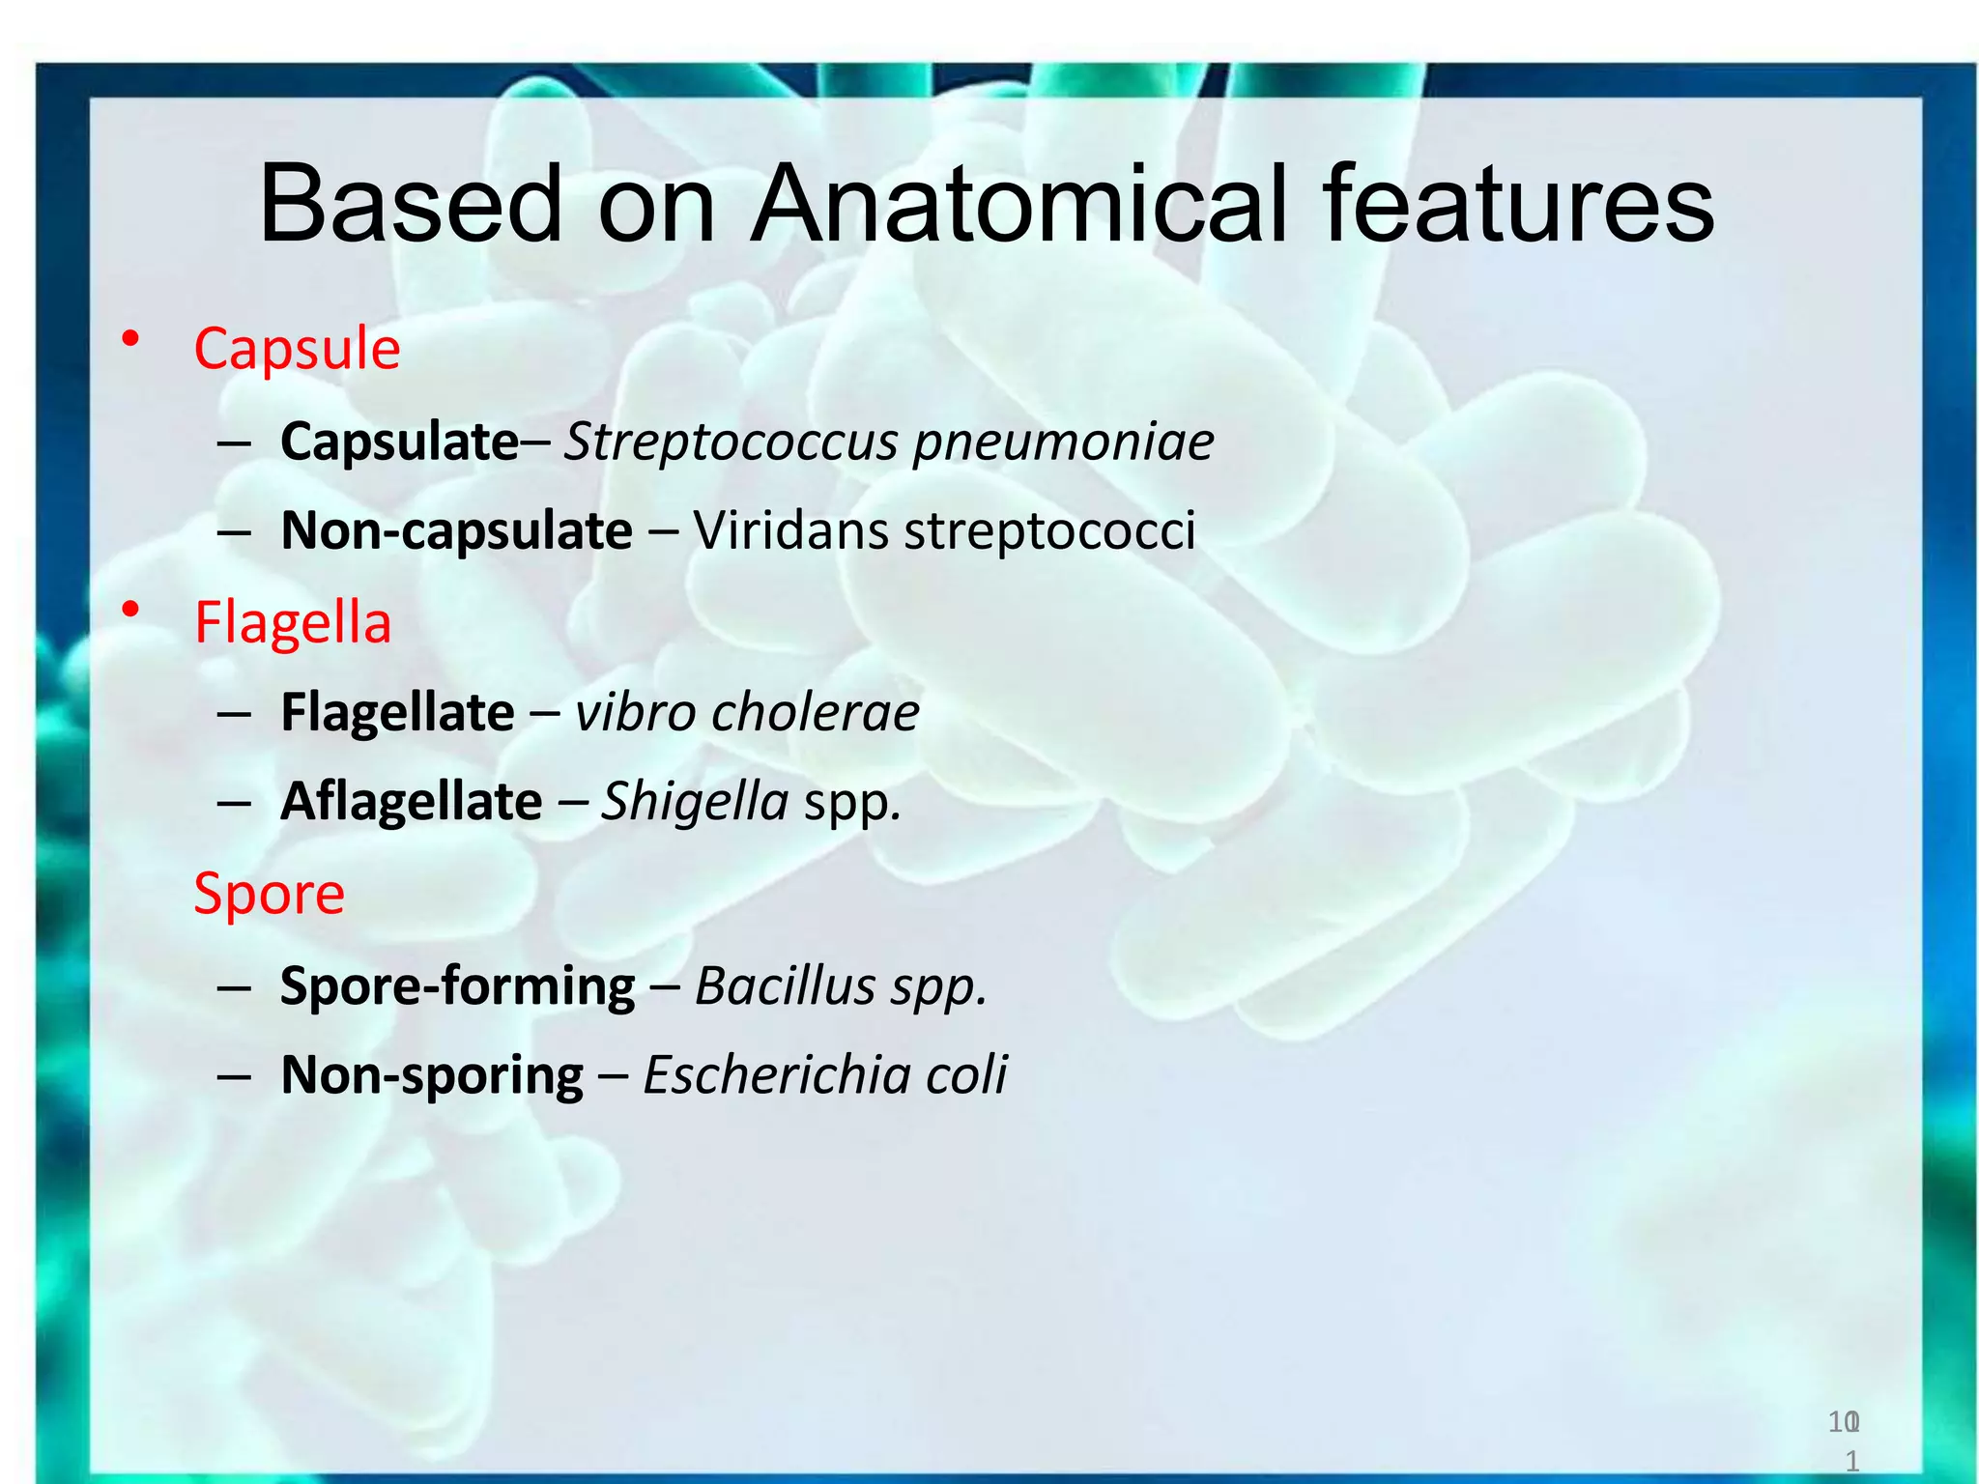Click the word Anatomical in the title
pyautogui.click(x=1019, y=205)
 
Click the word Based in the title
pyautogui.click(x=410, y=205)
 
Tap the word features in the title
pyautogui.click(x=1518, y=205)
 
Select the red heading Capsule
pyautogui.click(x=297, y=349)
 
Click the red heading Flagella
pyautogui.click(x=293, y=622)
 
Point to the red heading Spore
pyautogui.click(x=269, y=894)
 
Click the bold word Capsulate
pyautogui.click(x=399, y=442)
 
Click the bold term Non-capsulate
pyautogui.click(x=456, y=530)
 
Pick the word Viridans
pyautogui.click(x=790, y=530)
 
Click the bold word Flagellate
pyautogui.click(x=397, y=713)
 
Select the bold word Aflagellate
pyautogui.click(x=411, y=802)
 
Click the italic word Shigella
pyautogui.click(x=694, y=802)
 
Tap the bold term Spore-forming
pyautogui.click(x=457, y=986)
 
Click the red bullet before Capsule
pyautogui.click(x=130, y=338)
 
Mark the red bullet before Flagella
pyautogui.click(x=130, y=611)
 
